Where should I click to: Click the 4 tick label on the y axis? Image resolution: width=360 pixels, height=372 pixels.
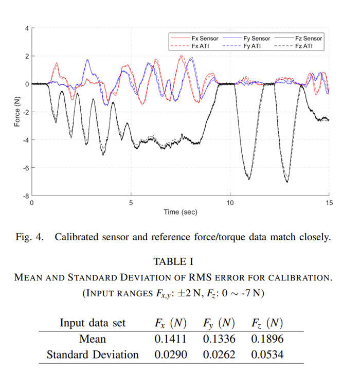[27, 28]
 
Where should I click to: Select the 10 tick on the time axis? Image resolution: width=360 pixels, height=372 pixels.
[230, 203]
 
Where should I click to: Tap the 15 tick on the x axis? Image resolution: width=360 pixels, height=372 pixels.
[329, 203]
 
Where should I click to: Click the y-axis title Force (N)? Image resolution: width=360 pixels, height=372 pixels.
[17, 112]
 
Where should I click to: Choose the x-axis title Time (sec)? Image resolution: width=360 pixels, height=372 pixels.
[180, 211]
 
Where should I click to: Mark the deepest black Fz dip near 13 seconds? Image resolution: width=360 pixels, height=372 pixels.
[287, 182]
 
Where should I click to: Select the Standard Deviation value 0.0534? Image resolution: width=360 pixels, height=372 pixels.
[268, 355]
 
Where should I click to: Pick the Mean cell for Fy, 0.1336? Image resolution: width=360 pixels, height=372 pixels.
[218, 339]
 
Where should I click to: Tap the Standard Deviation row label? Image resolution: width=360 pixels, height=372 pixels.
[93, 355]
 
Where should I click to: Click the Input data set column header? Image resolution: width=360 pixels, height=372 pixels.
[93, 323]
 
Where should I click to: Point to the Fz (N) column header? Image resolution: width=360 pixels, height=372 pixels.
[268, 323]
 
